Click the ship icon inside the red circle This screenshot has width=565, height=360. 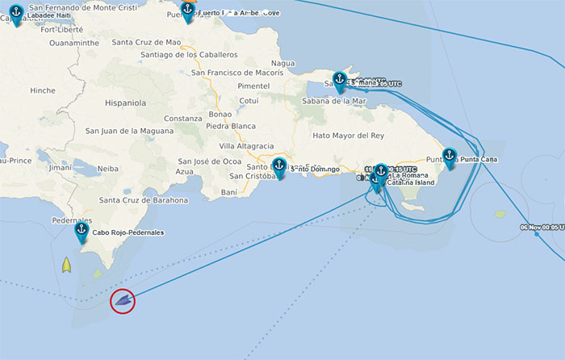[x=123, y=301]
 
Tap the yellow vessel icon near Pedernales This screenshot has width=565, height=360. [x=67, y=264]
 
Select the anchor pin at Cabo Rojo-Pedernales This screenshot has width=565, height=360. [x=82, y=231]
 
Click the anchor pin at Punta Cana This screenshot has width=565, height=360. [x=450, y=157]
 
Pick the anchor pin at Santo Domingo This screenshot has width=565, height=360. [x=279, y=166]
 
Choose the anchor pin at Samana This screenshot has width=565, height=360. [x=340, y=79]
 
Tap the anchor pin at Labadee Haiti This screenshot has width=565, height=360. [x=16, y=14]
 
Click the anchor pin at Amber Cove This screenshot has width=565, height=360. [x=188, y=10]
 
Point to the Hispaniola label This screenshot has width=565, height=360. [x=119, y=103]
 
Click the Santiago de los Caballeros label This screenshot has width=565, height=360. [x=189, y=55]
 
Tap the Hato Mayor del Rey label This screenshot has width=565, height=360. [x=349, y=136]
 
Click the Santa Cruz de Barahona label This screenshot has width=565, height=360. [x=143, y=200]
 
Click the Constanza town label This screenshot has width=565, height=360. [x=182, y=119]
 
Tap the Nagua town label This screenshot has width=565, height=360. [x=283, y=63]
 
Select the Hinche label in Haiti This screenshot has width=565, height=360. [x=42, y=91]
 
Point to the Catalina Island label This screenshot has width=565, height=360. [x=411, y=182]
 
